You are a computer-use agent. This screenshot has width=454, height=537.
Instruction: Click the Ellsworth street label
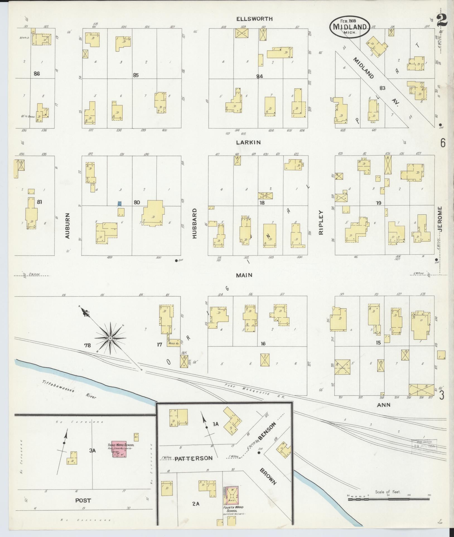[x=254, y=19]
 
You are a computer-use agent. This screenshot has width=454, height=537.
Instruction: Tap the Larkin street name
[x=248, y=142]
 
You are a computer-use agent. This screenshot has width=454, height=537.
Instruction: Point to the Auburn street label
[x=67, y=226]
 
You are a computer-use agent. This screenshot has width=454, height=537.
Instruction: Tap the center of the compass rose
[x=110, y=338]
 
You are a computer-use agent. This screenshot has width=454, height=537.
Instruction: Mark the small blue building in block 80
[x=120, y=204]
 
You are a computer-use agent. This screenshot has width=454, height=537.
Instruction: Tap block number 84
[x=260, y=76]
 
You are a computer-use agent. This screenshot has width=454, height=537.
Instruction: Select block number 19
[x=378, y=203]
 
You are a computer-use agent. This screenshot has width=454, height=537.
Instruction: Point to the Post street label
[x=83, y=500]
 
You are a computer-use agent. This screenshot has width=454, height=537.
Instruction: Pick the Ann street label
[x=383, y=405]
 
